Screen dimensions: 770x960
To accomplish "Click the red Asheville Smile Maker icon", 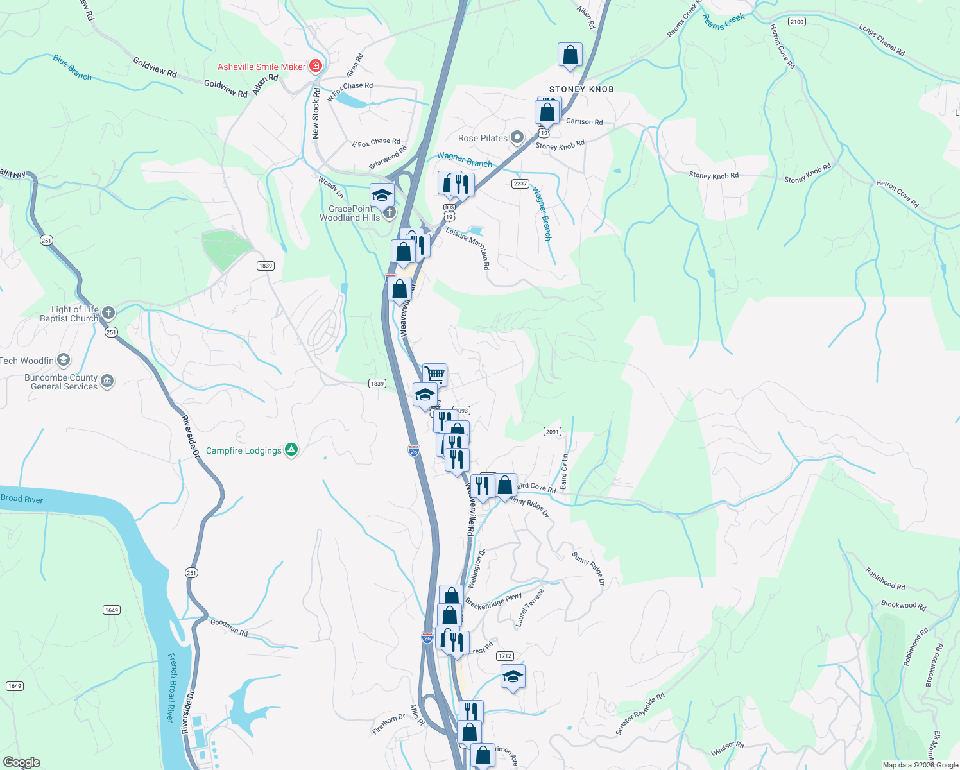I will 315,66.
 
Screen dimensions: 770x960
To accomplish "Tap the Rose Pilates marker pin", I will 517,138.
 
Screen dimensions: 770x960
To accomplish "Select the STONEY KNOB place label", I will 581,89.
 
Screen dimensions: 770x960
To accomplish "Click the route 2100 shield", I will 796,22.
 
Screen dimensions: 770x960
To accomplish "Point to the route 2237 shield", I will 520,184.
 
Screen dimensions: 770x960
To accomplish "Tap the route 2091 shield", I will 552,432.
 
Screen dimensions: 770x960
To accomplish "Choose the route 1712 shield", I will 505,656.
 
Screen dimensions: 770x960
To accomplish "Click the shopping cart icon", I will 435,373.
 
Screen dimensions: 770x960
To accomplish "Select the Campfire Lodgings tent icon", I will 291,450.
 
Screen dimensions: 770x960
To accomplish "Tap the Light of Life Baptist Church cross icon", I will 108,313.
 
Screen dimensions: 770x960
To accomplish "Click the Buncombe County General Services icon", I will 107,381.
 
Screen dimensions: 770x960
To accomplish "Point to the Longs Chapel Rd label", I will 882,40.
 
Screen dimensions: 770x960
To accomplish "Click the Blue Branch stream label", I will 72,67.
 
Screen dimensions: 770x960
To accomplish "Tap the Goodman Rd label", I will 229,627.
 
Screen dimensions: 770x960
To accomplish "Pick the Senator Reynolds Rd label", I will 640,714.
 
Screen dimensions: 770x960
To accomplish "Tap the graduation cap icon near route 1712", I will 513,676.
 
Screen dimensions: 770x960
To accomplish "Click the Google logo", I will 22,762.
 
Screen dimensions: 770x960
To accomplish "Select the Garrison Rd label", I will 584,121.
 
